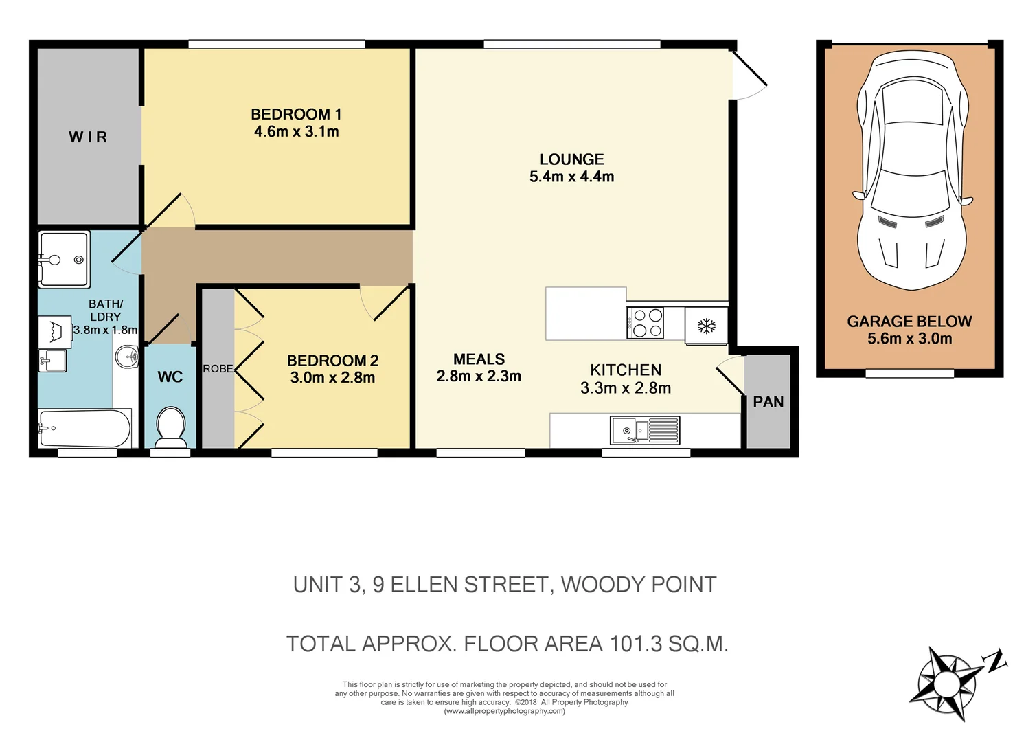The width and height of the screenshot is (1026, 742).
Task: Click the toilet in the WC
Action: tap(170, 425)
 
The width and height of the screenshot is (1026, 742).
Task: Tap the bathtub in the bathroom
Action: tap(84, 428)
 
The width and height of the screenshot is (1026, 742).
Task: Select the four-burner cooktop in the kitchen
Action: tap(646, 323)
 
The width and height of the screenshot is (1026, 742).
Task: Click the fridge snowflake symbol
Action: tap(706, 326)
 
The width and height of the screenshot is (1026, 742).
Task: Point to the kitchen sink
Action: tap(645, 430)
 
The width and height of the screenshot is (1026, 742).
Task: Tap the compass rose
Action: tap(946, 684)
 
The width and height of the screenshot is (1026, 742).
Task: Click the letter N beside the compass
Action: tap(995, 661)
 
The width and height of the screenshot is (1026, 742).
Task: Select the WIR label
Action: tap(88, 137)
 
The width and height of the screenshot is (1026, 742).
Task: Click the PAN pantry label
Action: tap(768, 402)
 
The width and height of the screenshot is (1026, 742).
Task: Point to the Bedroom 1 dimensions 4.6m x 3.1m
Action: tap(297, 132)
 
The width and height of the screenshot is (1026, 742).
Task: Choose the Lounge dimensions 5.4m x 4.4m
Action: tap(571, 177)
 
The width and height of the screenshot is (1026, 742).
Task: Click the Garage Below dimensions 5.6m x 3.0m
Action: tap(909, 339)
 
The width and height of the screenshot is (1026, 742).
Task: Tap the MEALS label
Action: tap(479, 359)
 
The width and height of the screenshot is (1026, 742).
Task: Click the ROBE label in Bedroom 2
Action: tap(218, 369)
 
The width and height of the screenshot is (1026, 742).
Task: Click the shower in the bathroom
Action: tap(64, 259)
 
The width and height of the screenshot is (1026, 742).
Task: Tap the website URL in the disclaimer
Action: tap(505, 712)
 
